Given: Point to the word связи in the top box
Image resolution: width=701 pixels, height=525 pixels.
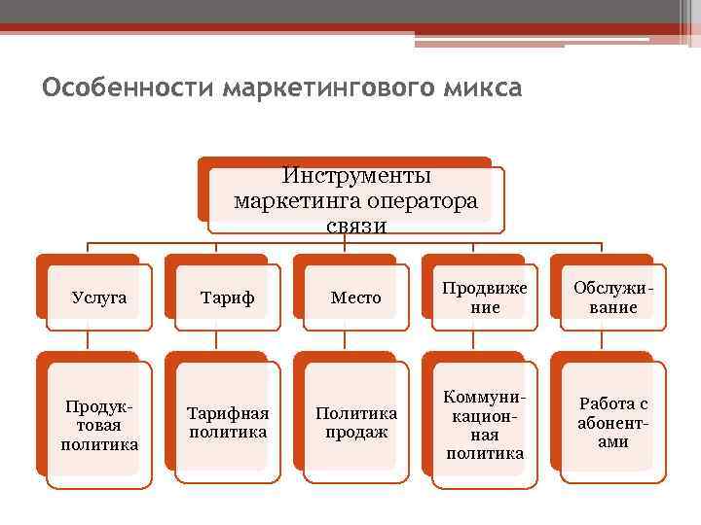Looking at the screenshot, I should [356, 227].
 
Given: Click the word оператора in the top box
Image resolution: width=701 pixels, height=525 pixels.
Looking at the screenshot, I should [423, 201].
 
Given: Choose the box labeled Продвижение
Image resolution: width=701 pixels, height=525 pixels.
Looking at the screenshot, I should [484, 297].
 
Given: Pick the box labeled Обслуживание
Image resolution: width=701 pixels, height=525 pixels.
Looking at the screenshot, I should [612, 297].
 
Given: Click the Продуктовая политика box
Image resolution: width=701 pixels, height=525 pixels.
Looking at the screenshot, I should [99, 424].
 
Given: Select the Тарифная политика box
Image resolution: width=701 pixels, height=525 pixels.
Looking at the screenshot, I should [227, 424].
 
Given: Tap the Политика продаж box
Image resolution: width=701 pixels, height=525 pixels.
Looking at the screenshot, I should [355, 424].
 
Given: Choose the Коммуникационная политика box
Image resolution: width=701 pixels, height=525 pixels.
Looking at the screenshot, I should [484, 424].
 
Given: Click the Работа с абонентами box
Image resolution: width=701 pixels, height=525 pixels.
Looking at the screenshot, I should [612, 424].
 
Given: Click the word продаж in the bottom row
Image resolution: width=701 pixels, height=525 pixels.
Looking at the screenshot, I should [356, 433].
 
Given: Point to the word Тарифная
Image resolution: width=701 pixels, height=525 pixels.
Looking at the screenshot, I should [227, 414].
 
